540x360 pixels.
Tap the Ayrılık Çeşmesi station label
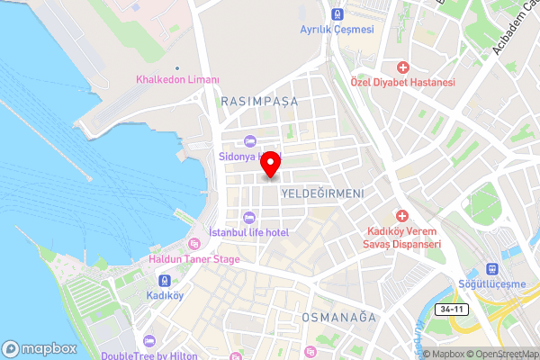337,30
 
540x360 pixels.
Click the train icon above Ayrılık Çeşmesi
337,14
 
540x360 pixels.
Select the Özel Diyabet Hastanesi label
402,82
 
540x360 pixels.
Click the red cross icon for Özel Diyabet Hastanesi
402,67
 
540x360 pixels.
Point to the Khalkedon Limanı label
177,80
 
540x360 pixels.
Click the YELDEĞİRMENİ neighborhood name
321,193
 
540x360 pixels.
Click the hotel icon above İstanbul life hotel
248,217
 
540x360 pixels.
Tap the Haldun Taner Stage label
194,259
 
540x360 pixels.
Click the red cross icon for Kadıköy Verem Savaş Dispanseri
401,217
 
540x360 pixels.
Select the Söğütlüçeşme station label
492,284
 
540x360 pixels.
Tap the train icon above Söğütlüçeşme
492,269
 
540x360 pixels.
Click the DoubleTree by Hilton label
149,355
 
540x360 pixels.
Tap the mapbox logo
39,348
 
